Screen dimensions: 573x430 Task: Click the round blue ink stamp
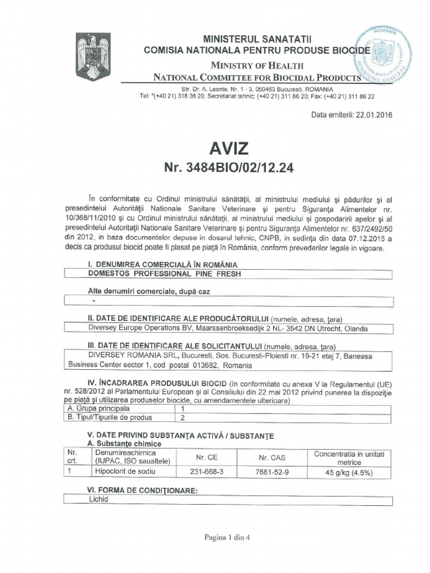(383, 55)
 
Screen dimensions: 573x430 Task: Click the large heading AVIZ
(228, 148)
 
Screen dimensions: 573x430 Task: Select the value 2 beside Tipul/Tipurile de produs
(182, 417)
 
